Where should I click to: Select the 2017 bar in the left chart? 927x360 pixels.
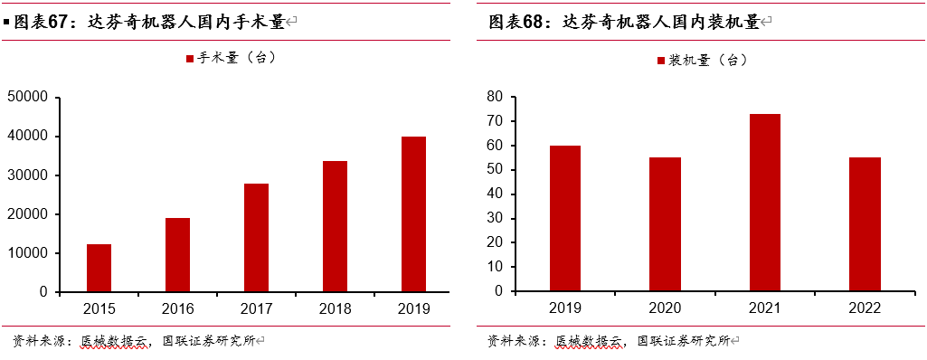256,238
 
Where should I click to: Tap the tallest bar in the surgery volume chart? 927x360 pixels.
413,214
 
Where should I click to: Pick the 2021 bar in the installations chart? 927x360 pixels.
765,203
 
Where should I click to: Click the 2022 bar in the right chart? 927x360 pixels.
865,224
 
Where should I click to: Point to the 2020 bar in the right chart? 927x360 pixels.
665,224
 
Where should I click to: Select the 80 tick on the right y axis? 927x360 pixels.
494,97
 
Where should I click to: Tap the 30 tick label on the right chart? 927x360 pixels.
494,219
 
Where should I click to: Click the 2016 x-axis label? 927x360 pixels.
178,308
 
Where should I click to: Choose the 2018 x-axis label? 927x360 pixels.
335,308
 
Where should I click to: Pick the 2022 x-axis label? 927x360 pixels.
865,308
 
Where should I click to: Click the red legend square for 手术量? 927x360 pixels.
190,59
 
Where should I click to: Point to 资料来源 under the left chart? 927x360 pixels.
35,341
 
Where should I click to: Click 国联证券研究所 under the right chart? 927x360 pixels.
683,341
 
